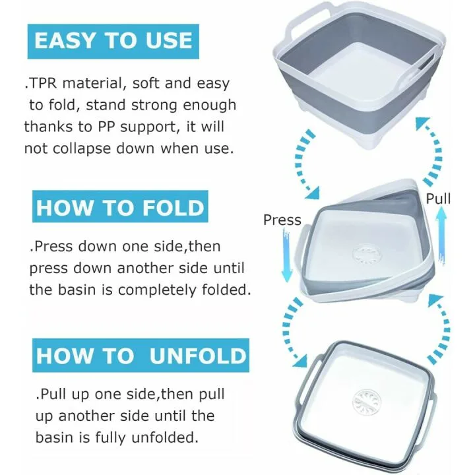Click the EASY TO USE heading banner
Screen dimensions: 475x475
113,40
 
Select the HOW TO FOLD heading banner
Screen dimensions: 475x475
119,208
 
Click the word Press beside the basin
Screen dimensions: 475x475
282,220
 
